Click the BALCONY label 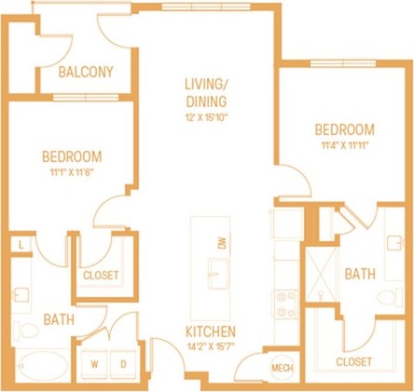86,72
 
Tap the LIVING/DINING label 207,94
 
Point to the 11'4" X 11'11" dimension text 344,145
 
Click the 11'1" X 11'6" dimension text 71,172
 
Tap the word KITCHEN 210,331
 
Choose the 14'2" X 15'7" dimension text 210,346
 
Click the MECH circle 282,368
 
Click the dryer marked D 122,363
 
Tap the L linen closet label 21,245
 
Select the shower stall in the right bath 326,277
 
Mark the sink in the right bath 393,244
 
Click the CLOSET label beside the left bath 100,276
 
